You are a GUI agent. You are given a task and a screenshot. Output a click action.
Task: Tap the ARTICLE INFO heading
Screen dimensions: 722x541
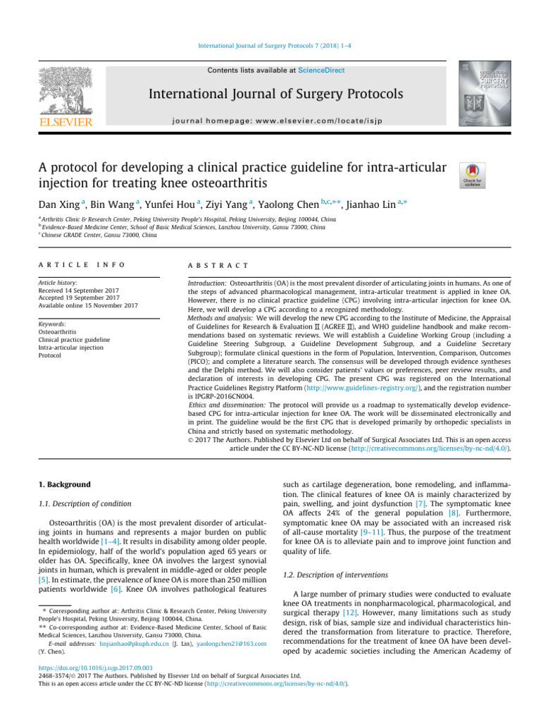pos(82,264)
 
